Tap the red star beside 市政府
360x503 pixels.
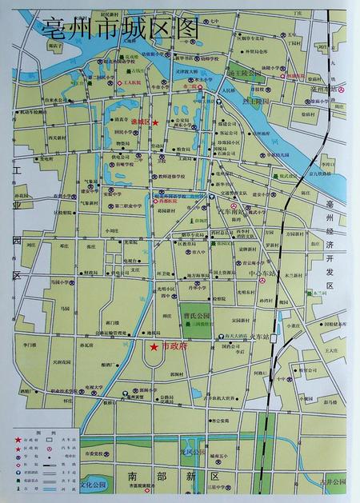[x=153, y=346]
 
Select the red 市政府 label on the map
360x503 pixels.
[x=173, y=346]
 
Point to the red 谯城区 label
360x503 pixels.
[x=141, y=122]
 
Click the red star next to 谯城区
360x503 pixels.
[x=157, y=122]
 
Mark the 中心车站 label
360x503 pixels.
[x=260, y=273]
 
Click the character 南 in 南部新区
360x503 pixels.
[x=134, y=477]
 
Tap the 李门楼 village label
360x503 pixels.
[x=30, y=345]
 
